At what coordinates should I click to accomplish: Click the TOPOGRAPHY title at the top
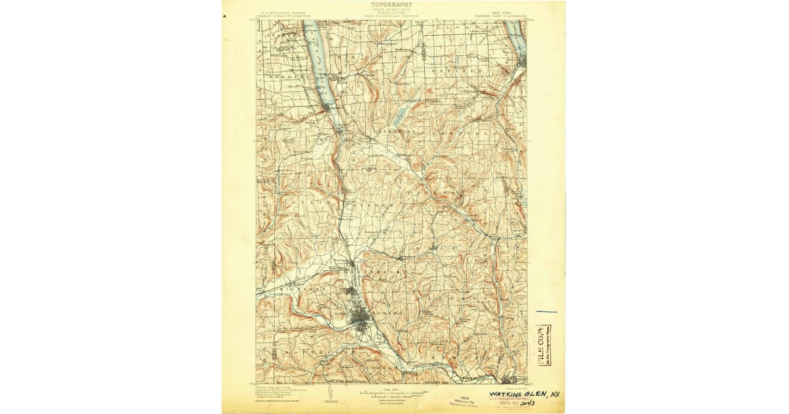tap(391, 5)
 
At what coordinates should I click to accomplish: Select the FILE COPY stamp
tap(544, 345)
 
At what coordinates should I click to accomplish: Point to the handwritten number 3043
tap(526, 402)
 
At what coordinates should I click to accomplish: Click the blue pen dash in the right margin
tap(546, 311)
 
